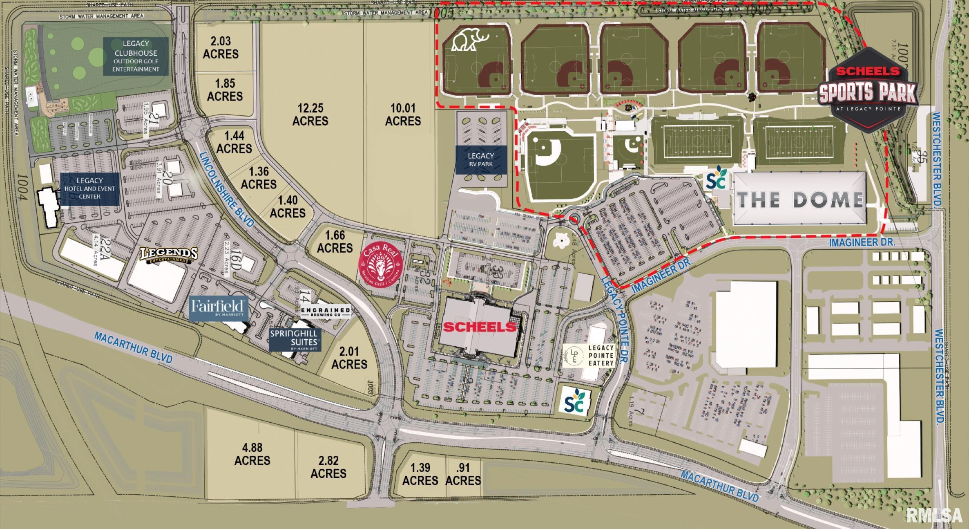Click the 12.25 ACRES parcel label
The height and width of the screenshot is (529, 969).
[x=310, y=114]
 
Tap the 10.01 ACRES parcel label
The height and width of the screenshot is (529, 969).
[x=403, y=114]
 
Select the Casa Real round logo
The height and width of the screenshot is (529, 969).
[x=380, y=265]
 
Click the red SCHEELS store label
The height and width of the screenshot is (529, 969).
[x=480, y=327]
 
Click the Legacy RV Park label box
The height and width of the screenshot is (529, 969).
[x=480, y=160]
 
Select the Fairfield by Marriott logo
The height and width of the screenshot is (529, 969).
[x=219, y=307]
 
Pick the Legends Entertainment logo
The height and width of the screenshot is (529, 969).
[x=169, y=256]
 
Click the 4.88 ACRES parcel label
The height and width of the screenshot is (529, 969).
[x=252, y=454]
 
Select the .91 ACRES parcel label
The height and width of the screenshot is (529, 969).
[x=463, y=474]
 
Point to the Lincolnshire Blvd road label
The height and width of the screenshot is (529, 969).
[x=227, y=189]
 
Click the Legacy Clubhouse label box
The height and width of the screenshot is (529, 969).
[x=136, y=56]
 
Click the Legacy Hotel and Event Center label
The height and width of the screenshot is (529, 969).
[x=90, y=188]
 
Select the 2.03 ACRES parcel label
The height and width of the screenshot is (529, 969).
[x=221, y=47]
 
